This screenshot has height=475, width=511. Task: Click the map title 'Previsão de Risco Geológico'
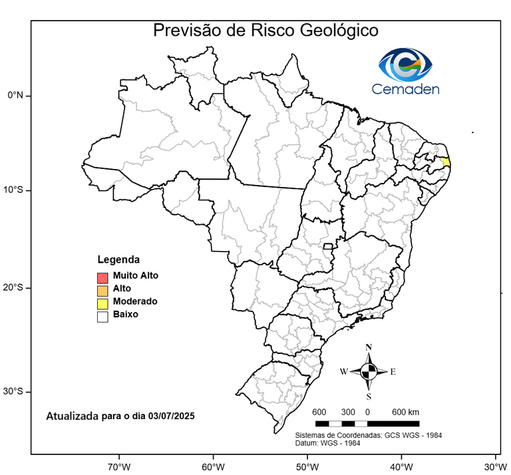tap(265, 31)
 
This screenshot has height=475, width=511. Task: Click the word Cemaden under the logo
tap(406, 89)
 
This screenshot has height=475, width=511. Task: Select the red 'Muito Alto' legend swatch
tap(102, 277)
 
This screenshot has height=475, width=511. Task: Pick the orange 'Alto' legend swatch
tap(102, 290)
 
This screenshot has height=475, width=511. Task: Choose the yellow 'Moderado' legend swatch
tap(102, 303)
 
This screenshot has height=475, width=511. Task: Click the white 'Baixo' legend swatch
tap(102, 317)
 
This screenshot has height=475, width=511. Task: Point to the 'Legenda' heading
tap(118, 259)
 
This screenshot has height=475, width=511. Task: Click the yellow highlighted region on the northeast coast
tap(446, 162)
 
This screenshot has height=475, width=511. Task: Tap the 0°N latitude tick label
tap(15, 95)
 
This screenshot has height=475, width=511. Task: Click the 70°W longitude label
tap(119, 465)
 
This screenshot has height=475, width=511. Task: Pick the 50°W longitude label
tap(307, 465)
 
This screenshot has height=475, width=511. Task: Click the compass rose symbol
tap(369, 371)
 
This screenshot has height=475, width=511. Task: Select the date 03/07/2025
tap(171, 416)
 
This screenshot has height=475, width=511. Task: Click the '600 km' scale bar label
tap(405, 412)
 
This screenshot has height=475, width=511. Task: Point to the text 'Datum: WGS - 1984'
tap(329, 443)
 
